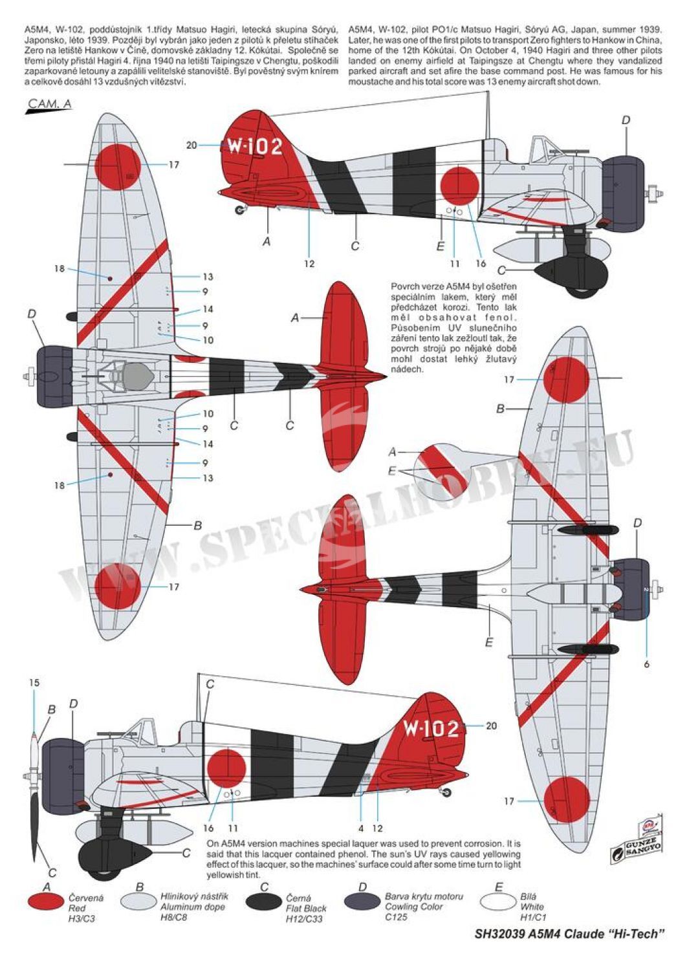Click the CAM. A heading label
pyautogui.click(x=49, y=103)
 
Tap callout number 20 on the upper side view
pyautogui.click(x=191, y=145)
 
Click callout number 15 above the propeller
pyautogui.click(x=34, y=683)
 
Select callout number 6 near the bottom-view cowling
pyautogui.click(x=646, y=664)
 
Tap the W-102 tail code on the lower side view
pyautogui.click(x=431, y=729)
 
